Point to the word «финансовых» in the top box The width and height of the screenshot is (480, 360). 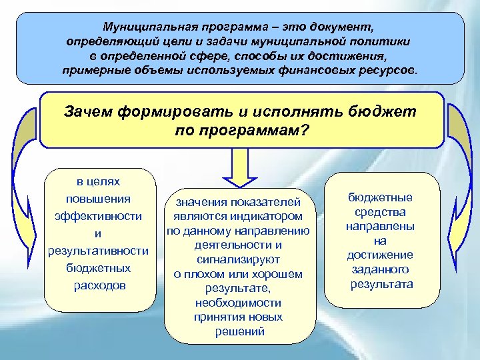pos(311,70)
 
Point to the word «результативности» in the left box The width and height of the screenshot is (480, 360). pos(98,251)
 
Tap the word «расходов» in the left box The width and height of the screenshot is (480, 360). pos(98,285)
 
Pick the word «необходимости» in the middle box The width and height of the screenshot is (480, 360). pos(238,303)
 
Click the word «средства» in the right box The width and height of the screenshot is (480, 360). pos(380,212)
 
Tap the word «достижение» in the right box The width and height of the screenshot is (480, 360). pos(380,255)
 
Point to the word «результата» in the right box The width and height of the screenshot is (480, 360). pos(381,285)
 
